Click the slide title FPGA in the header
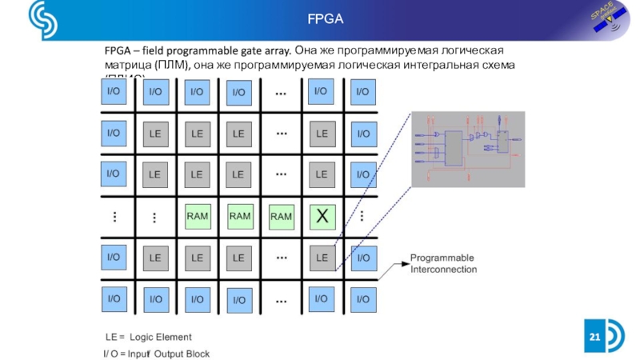325,18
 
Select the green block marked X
322,215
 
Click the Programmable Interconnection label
443,264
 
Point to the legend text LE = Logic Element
149,337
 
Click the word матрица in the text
128,64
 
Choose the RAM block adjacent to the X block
281,215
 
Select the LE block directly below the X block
322,257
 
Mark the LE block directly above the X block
322,174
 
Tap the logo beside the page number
618,336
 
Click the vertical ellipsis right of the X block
362,215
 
